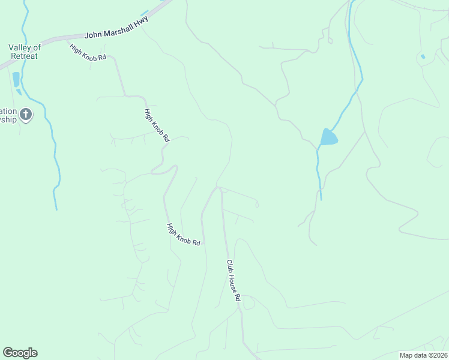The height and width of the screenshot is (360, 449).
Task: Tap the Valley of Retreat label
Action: [x=24, y=52]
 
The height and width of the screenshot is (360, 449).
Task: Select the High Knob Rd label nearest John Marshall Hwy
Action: [x=87, y=52]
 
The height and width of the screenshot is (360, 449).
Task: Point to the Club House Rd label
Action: [x=233, y=280]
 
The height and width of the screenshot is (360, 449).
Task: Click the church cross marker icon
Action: [x=26, y=113]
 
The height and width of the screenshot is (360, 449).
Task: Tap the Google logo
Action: [x=20, y=353]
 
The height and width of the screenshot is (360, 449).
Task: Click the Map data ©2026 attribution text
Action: [x=424, y=355]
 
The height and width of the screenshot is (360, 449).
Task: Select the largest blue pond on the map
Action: [x=328, y=138]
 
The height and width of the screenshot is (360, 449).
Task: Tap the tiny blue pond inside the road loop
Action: [x=423, y=56]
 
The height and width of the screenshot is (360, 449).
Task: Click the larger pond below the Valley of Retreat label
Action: [x=16, y=79]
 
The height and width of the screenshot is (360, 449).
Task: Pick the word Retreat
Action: [x=24, y=56]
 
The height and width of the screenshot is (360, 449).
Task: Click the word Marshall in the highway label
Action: [x=118, y=28]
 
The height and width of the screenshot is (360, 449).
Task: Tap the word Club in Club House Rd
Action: [x=229, y=266]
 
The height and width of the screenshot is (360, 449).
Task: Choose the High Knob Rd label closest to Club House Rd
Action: [x=183, y=234]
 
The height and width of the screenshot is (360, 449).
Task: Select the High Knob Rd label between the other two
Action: [x=157, y=125]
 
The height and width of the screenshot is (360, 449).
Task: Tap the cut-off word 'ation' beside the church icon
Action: [x=8, y=111]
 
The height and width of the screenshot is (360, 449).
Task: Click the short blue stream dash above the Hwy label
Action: [x=144, y=13]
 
